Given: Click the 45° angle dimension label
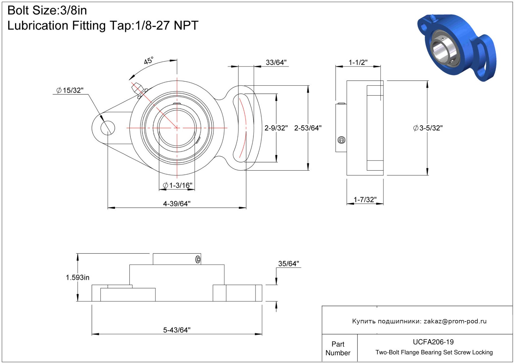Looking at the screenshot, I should tap(149, 61).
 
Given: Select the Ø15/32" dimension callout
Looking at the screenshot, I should tap(70, 91).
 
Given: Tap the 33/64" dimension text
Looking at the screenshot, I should tap(276, 62).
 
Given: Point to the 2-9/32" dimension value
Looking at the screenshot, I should tap(276, 128).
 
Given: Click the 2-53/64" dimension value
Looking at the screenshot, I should tap(308, 128).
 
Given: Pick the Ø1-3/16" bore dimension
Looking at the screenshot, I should tap(177, 186).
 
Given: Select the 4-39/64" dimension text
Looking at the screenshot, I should tap(177, 204).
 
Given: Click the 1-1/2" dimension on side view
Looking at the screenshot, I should tap(358, 62).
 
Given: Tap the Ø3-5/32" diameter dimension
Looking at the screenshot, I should tap(427, 128).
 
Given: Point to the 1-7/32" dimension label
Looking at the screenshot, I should tap(365, 200).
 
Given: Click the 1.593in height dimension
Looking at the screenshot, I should tap(78, 277).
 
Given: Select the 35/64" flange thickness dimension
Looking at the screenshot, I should tap(288, 264).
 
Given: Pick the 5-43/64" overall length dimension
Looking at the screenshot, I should tap(177, 330).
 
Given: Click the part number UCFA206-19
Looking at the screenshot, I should tap(433, 342).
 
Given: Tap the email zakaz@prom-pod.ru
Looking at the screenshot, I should tap(455, 321).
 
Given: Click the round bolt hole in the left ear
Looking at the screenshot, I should tap(108, 128).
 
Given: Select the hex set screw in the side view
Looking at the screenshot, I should tap(341, 140).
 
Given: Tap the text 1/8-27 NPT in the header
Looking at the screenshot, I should tap(167, 26).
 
